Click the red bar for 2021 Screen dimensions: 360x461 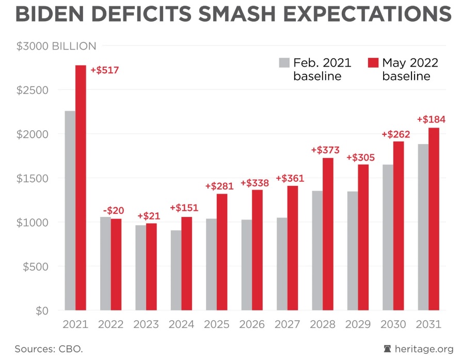[81, 188]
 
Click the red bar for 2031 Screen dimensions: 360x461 [434, 219]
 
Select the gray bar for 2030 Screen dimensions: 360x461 [387, 238]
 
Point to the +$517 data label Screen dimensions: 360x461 [105, 70]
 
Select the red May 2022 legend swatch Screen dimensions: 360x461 [373, 63]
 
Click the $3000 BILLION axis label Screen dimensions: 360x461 [56, 46]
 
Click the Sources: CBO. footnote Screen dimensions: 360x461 [49, 349]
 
